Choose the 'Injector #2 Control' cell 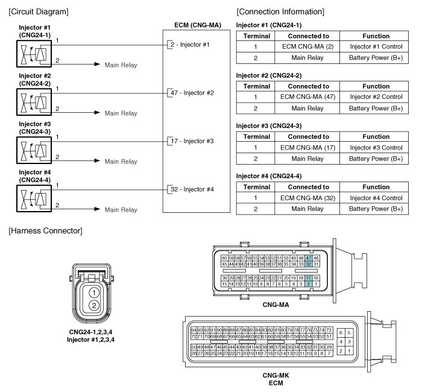point(376,96)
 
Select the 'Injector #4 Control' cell point(376,198)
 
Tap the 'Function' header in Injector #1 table point(376,36)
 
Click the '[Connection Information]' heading point(280,12)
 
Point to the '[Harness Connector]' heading point(45,232)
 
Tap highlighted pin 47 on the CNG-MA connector point(309,258)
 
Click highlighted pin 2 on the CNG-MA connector point(309,283)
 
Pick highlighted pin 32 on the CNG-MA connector point(309,264)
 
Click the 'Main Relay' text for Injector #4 point(121,210)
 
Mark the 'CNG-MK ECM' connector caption point(277,378)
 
